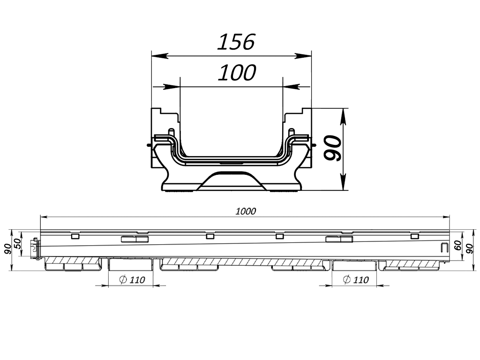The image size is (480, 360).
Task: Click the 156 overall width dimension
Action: pos(236,42)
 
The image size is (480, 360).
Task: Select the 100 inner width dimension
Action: pos(237,73)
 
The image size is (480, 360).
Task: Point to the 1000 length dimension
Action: pos(246,211)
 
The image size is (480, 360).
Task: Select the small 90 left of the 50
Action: pos(7,248)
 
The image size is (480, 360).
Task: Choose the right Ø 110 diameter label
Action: pos(356,280)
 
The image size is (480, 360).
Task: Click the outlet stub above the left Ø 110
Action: pos(131,265)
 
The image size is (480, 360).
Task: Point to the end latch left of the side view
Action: pos(34,248)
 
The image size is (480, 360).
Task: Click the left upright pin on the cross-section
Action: pos(171,133)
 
